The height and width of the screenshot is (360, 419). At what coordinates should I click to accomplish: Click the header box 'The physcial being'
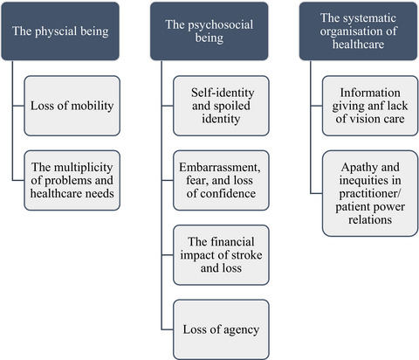pyautogui.click(x=60, y=31)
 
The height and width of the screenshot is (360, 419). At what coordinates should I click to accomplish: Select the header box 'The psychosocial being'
pyautogui.click(x=209, y=31)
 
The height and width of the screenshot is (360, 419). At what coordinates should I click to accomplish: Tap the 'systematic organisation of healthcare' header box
pyautogui.click(x=358, y=31)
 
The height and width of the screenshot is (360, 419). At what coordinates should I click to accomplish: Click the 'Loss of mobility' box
pyautogui.click(x=72, y=106)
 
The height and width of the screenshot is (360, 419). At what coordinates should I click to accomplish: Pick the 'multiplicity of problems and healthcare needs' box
pyautogui.click(x=72, y=180)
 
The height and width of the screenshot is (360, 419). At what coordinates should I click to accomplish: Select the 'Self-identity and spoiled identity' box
pyautogui.click(x=221, y=106)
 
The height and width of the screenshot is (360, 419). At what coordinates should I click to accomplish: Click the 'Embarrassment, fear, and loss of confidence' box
pyautogui.click(x=221, y=180)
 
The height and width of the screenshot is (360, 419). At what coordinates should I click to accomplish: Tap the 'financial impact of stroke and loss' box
pyautogui.click(x=221, y=255)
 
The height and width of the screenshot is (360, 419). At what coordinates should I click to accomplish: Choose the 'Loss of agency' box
pyautogui.click(x=221, y=329)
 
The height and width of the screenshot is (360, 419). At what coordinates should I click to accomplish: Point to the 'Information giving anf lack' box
pyautogui.click(x=370, y=106)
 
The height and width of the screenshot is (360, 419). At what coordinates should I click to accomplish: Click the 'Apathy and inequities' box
pyautogui.click(x=370, y=193)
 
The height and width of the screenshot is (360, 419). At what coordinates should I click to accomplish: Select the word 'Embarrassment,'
pyautogui.click(x=220, y=168)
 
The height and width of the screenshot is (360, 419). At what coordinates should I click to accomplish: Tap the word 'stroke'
pyautogui.click(x=246, y=255)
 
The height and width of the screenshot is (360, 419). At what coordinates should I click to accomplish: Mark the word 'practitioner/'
pyautogui.click(x=370, y=194)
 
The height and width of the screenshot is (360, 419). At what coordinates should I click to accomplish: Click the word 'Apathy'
pyautogui.click(x=357, y=168)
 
